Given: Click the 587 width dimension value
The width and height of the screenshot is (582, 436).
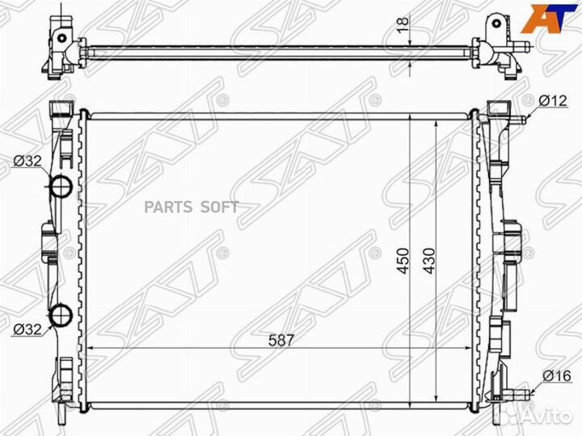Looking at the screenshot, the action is pyautogui.click(x=281, y=340).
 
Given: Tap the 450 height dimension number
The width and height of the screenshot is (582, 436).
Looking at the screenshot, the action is pyautogui.click(x=403, y=260).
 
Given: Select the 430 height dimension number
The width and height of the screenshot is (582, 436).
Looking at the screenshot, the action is pyautogui.click(x=429, y=260).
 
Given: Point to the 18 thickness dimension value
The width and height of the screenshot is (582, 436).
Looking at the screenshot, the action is pyautogui.click(x=403, y=25).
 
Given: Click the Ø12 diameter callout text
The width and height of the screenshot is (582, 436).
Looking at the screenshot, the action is pyautogui.click(x=553, y=100).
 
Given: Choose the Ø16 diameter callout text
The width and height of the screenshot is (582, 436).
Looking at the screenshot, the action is pyautogui.click(x=557, y=376).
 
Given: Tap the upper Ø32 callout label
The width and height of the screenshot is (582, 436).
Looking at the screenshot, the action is pyautogui.click(x=27, y=161).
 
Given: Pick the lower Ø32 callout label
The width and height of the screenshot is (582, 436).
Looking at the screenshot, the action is pyautogui.click(x=27, y=329).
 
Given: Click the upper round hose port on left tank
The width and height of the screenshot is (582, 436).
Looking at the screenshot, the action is pyautogui.click(x=61, y=187).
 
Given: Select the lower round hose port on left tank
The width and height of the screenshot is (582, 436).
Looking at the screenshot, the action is pyautogui.click(x=61, y=316).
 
